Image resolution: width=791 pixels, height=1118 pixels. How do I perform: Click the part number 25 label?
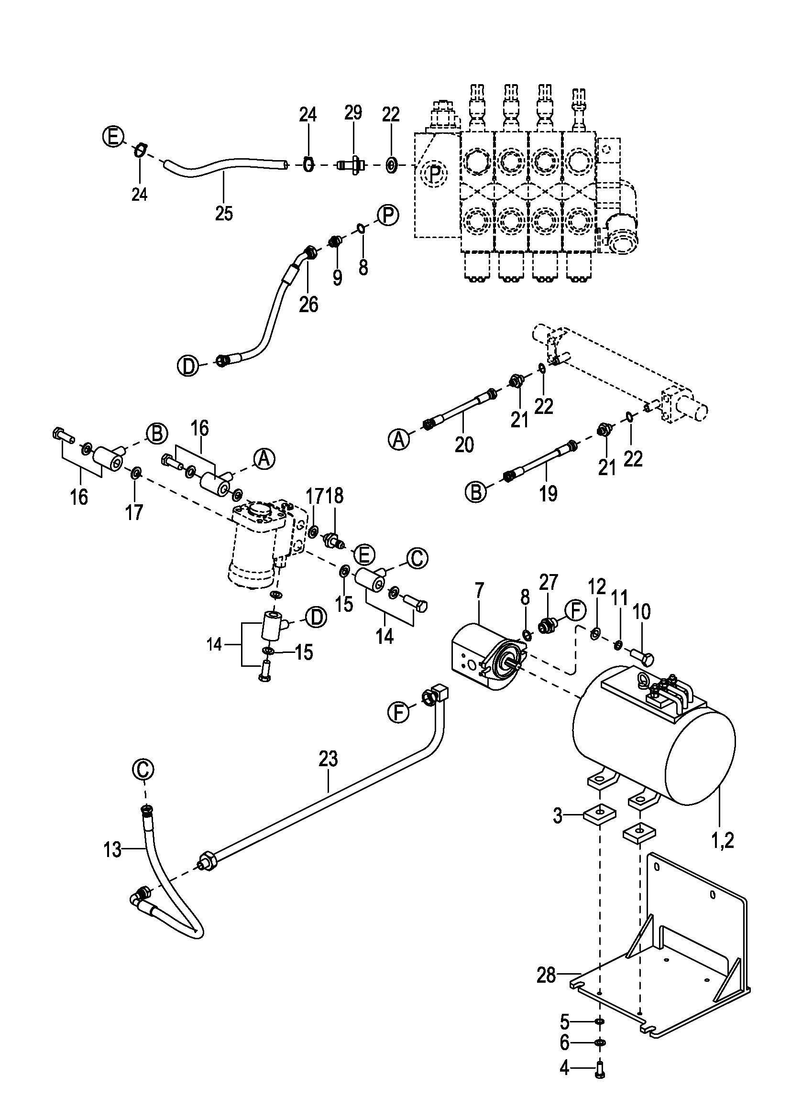pos(224,213)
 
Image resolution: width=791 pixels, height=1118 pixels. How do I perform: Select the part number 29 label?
pos(353,112)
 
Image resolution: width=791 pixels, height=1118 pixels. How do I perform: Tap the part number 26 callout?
pos(308,305)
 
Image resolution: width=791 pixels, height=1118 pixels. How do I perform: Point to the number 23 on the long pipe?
pos(328,759)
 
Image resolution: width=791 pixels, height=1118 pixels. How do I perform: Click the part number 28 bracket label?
pos(546,976)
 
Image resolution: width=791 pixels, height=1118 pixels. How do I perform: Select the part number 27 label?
pos(548,582)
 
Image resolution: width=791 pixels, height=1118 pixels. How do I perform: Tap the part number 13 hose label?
pos(112,850)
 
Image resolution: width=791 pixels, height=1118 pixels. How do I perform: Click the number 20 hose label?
pos(464,444)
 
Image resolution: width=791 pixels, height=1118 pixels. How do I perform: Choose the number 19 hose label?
pos(548,493)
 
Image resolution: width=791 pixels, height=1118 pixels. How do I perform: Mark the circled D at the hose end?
pos(188,366)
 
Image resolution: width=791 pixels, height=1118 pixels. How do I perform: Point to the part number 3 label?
pos(558,815)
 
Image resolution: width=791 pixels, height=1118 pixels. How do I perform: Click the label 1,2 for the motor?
pos(722,840)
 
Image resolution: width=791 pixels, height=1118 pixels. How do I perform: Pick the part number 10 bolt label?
pos(641,612)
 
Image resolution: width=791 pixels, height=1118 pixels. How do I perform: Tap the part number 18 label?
pos(335,496)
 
